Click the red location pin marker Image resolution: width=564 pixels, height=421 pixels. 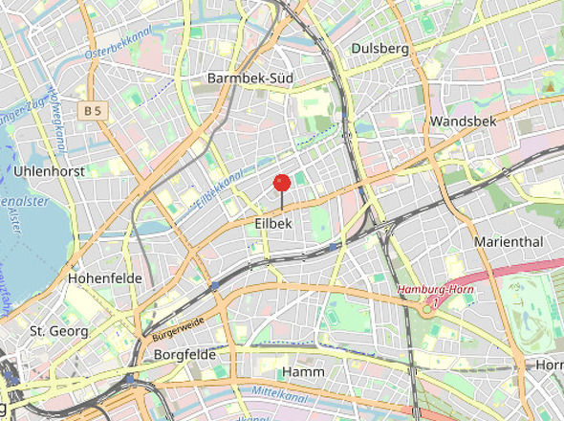click(x=281, y=183)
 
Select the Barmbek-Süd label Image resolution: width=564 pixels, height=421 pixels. click(x=249, y=78)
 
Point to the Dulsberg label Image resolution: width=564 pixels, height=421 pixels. click(x=380, y=48)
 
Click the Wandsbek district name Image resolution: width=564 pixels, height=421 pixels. click(x=461, y=122)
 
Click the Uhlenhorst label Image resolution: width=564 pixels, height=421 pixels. click(x=50, y=171)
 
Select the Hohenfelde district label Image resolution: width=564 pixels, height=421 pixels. click(x=104, y=277)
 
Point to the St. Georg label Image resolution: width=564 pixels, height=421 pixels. click(x=59, y=331)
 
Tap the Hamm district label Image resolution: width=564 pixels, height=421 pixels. click(x=304, y=371)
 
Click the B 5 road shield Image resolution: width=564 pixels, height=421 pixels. click(x=93, y=112)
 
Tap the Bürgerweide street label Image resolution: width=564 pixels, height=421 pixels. click(x=178, y=328)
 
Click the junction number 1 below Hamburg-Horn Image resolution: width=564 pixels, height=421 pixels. click(x=434, y=302)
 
